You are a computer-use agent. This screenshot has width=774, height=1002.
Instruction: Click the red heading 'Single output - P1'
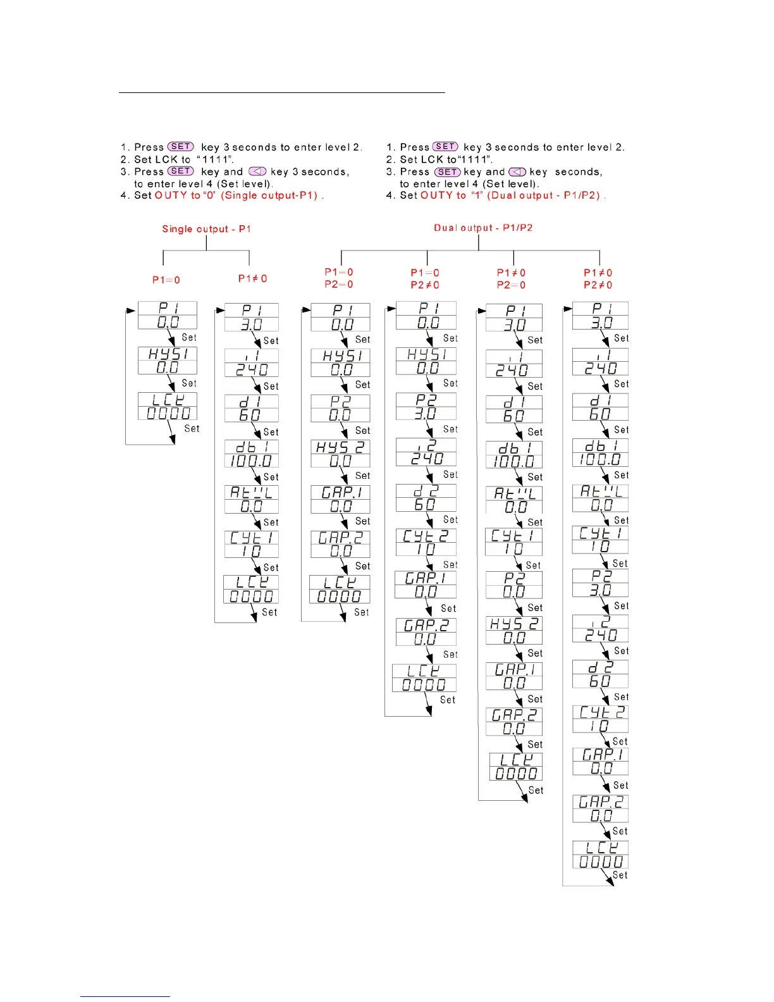pos(206,229)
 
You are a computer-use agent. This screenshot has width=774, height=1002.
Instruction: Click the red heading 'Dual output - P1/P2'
pos(483,228)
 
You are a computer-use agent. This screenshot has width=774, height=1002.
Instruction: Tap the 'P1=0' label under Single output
pos(166,280)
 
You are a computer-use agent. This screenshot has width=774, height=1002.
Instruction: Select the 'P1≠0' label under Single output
pos(252,278)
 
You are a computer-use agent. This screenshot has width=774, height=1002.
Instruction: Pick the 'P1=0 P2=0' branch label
pos(339,278)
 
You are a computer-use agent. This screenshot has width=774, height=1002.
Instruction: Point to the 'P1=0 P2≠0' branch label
pos(425,279)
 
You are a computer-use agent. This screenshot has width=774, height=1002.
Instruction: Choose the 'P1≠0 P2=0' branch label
pos(511,279)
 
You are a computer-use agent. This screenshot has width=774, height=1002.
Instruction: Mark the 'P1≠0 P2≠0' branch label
pos(598,279)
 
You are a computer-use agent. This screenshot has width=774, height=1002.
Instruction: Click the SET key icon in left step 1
pos(180,147)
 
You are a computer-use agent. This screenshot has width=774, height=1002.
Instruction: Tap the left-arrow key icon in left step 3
pos(257,171)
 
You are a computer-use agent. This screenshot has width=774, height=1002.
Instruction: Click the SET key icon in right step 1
pos(445,147)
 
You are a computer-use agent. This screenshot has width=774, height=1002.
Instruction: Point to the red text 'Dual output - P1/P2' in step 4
pos(545,195)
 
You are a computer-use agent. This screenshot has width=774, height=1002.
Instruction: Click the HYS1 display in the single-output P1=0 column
pos(168,361)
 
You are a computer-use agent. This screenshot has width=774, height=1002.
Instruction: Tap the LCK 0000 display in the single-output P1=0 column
pos(168,406)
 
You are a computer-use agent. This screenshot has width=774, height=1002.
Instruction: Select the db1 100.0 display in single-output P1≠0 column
pos(251,454)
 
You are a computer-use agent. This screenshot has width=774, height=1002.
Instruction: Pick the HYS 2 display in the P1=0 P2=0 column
pos(340,454)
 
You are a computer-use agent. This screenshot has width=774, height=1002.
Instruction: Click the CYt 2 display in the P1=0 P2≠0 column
pos(426,542)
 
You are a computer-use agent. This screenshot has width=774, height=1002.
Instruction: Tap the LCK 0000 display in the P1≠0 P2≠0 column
pos(600,855)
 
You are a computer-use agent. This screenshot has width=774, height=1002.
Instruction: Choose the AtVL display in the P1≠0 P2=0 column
pos(514,500)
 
